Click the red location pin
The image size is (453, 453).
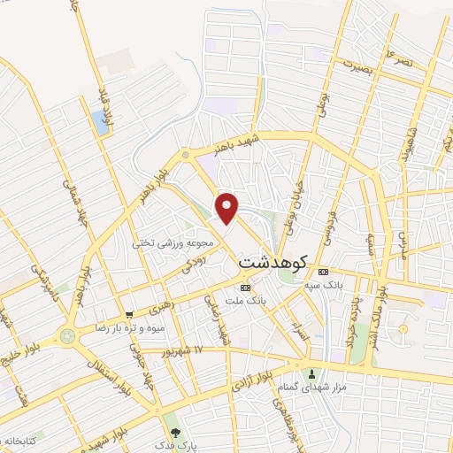(228, 209)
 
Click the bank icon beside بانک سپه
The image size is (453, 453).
(324, 271)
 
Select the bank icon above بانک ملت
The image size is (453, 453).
(245, 288)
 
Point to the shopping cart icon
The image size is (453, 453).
(129, 313)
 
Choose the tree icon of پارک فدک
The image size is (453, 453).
(176, 433)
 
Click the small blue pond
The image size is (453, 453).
(100, 123)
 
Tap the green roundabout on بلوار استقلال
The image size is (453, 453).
(67, 335)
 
